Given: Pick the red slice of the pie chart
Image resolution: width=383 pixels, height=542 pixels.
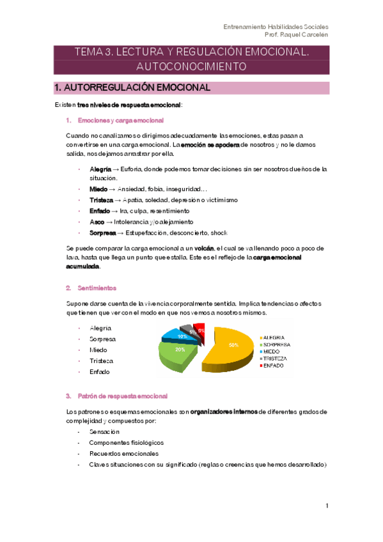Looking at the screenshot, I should pyautogui.click(x=201, y=330).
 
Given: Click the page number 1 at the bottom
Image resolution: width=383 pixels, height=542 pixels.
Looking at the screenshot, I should pyautogui.click(x=327, y=506).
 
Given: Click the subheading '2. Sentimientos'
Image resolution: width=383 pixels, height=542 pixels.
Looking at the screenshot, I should pyautogui.click(x=97, y=288).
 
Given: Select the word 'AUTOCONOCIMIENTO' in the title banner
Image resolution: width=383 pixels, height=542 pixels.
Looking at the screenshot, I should pyautogui.click(x=191, y=66).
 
